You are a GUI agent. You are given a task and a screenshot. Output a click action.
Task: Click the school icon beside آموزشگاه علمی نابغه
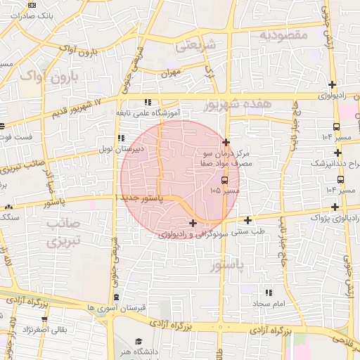[147, 102]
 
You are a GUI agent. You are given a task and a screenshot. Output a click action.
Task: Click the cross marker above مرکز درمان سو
[225, 143]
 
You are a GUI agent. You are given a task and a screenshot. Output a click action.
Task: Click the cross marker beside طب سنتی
[247, 220]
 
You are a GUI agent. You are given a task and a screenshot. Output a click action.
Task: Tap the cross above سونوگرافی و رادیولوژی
[193, 224]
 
